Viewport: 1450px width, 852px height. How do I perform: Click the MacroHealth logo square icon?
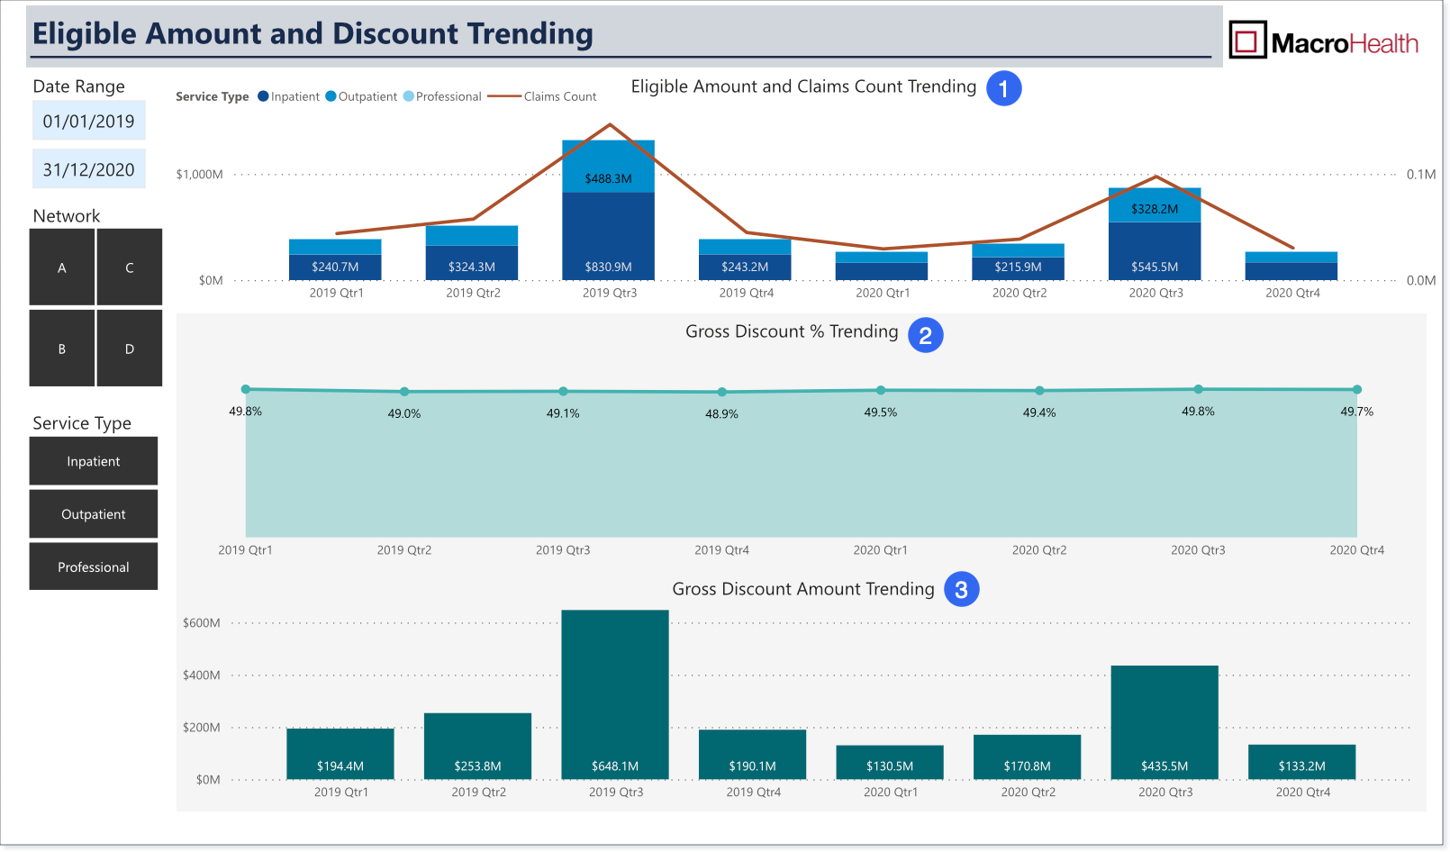(1247, 40)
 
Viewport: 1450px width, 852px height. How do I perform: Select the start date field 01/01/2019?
(88, 121)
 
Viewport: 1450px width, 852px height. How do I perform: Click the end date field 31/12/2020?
(88, 169)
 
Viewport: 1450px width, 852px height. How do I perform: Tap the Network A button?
(62, 267)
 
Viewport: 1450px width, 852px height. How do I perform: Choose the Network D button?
(130, 349)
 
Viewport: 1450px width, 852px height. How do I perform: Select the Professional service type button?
(94, 566)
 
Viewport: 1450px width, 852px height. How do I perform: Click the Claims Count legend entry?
(542, 96)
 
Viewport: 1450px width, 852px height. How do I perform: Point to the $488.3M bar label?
(608, 178)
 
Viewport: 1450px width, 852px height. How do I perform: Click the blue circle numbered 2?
(925, 335)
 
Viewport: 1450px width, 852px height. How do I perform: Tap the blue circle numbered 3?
(961, 589)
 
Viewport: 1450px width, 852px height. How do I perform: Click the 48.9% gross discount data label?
(721, 413)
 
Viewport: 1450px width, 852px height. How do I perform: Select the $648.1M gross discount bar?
(615, 694)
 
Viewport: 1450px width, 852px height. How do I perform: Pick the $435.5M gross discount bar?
(1165, 722)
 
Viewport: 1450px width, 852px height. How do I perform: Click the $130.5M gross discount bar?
(890, 763)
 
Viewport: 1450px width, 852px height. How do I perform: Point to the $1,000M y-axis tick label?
(199, 174)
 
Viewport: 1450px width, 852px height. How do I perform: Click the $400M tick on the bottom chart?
(202, 675)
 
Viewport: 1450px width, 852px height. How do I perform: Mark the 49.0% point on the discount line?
(404, 392)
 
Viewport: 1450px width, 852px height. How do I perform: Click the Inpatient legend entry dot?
(263, 96)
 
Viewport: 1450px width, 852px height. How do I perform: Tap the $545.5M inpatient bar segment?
(1155, 251)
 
